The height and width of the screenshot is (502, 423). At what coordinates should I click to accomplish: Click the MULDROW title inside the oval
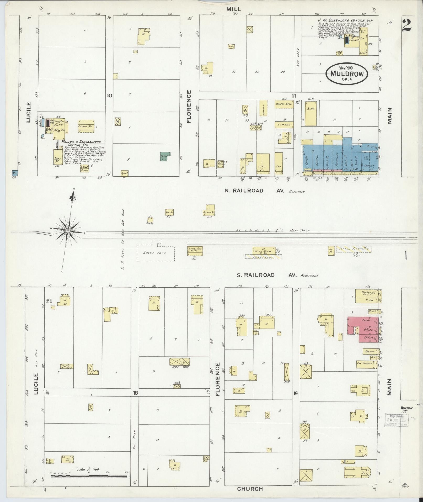(347, 73)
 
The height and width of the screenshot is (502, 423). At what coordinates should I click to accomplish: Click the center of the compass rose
(68, 230)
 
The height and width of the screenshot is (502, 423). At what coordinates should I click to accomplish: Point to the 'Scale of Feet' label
(88, 469)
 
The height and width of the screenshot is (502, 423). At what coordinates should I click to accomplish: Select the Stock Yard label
(157, 253)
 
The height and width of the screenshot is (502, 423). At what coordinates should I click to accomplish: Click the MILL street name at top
(234, 9)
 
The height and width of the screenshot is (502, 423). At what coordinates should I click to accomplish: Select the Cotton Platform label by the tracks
(354, 249)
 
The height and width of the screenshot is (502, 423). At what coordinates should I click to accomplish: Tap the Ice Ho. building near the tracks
(331, 250)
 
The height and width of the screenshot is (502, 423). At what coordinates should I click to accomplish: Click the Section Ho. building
(209, 210)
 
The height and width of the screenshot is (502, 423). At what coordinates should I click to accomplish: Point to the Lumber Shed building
(283, 104)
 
